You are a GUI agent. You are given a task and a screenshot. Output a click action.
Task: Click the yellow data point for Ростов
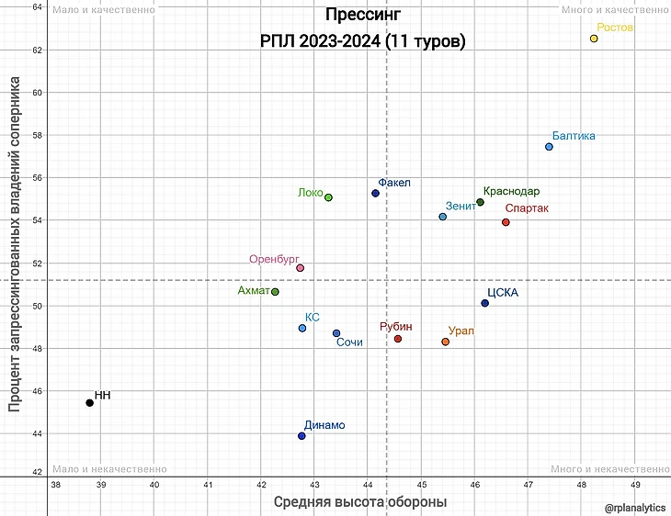click(594, 39)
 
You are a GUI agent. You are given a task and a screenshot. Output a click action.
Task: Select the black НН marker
click(89, 403)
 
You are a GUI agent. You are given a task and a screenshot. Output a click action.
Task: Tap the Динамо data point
click(301, 436)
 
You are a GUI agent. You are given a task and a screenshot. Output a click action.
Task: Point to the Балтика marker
click(549, 147)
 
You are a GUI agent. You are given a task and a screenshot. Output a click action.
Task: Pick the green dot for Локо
click(328, 197)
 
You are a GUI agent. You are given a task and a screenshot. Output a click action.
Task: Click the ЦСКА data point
click(485, 303)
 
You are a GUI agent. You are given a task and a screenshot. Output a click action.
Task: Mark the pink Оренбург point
click(300, 268)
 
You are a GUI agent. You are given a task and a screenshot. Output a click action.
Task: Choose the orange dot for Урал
click(446, 342)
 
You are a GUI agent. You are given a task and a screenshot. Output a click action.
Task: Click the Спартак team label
click(527, 208)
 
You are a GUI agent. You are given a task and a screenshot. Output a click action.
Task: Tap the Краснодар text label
click(511, 191)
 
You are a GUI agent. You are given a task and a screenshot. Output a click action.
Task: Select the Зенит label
click(461, 206)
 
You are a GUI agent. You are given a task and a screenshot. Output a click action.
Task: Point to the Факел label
click(394, 183)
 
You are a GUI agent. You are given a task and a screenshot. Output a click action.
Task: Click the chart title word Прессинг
click(362, 16)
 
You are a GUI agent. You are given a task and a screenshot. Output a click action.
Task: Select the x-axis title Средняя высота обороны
click(360, 502)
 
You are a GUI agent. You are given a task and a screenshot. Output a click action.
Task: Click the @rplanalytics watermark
click(635, 506)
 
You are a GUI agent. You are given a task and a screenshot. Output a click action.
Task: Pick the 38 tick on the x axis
click(56, 485)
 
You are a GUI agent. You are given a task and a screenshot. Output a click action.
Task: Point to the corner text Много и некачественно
click(609, 469)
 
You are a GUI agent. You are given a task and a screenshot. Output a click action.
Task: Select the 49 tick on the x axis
click(635, 485)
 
